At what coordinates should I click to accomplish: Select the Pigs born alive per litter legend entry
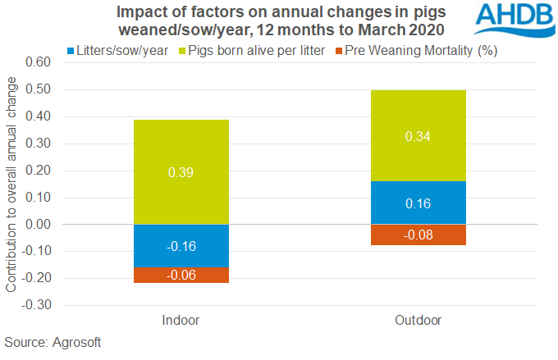[x=264, y=51]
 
